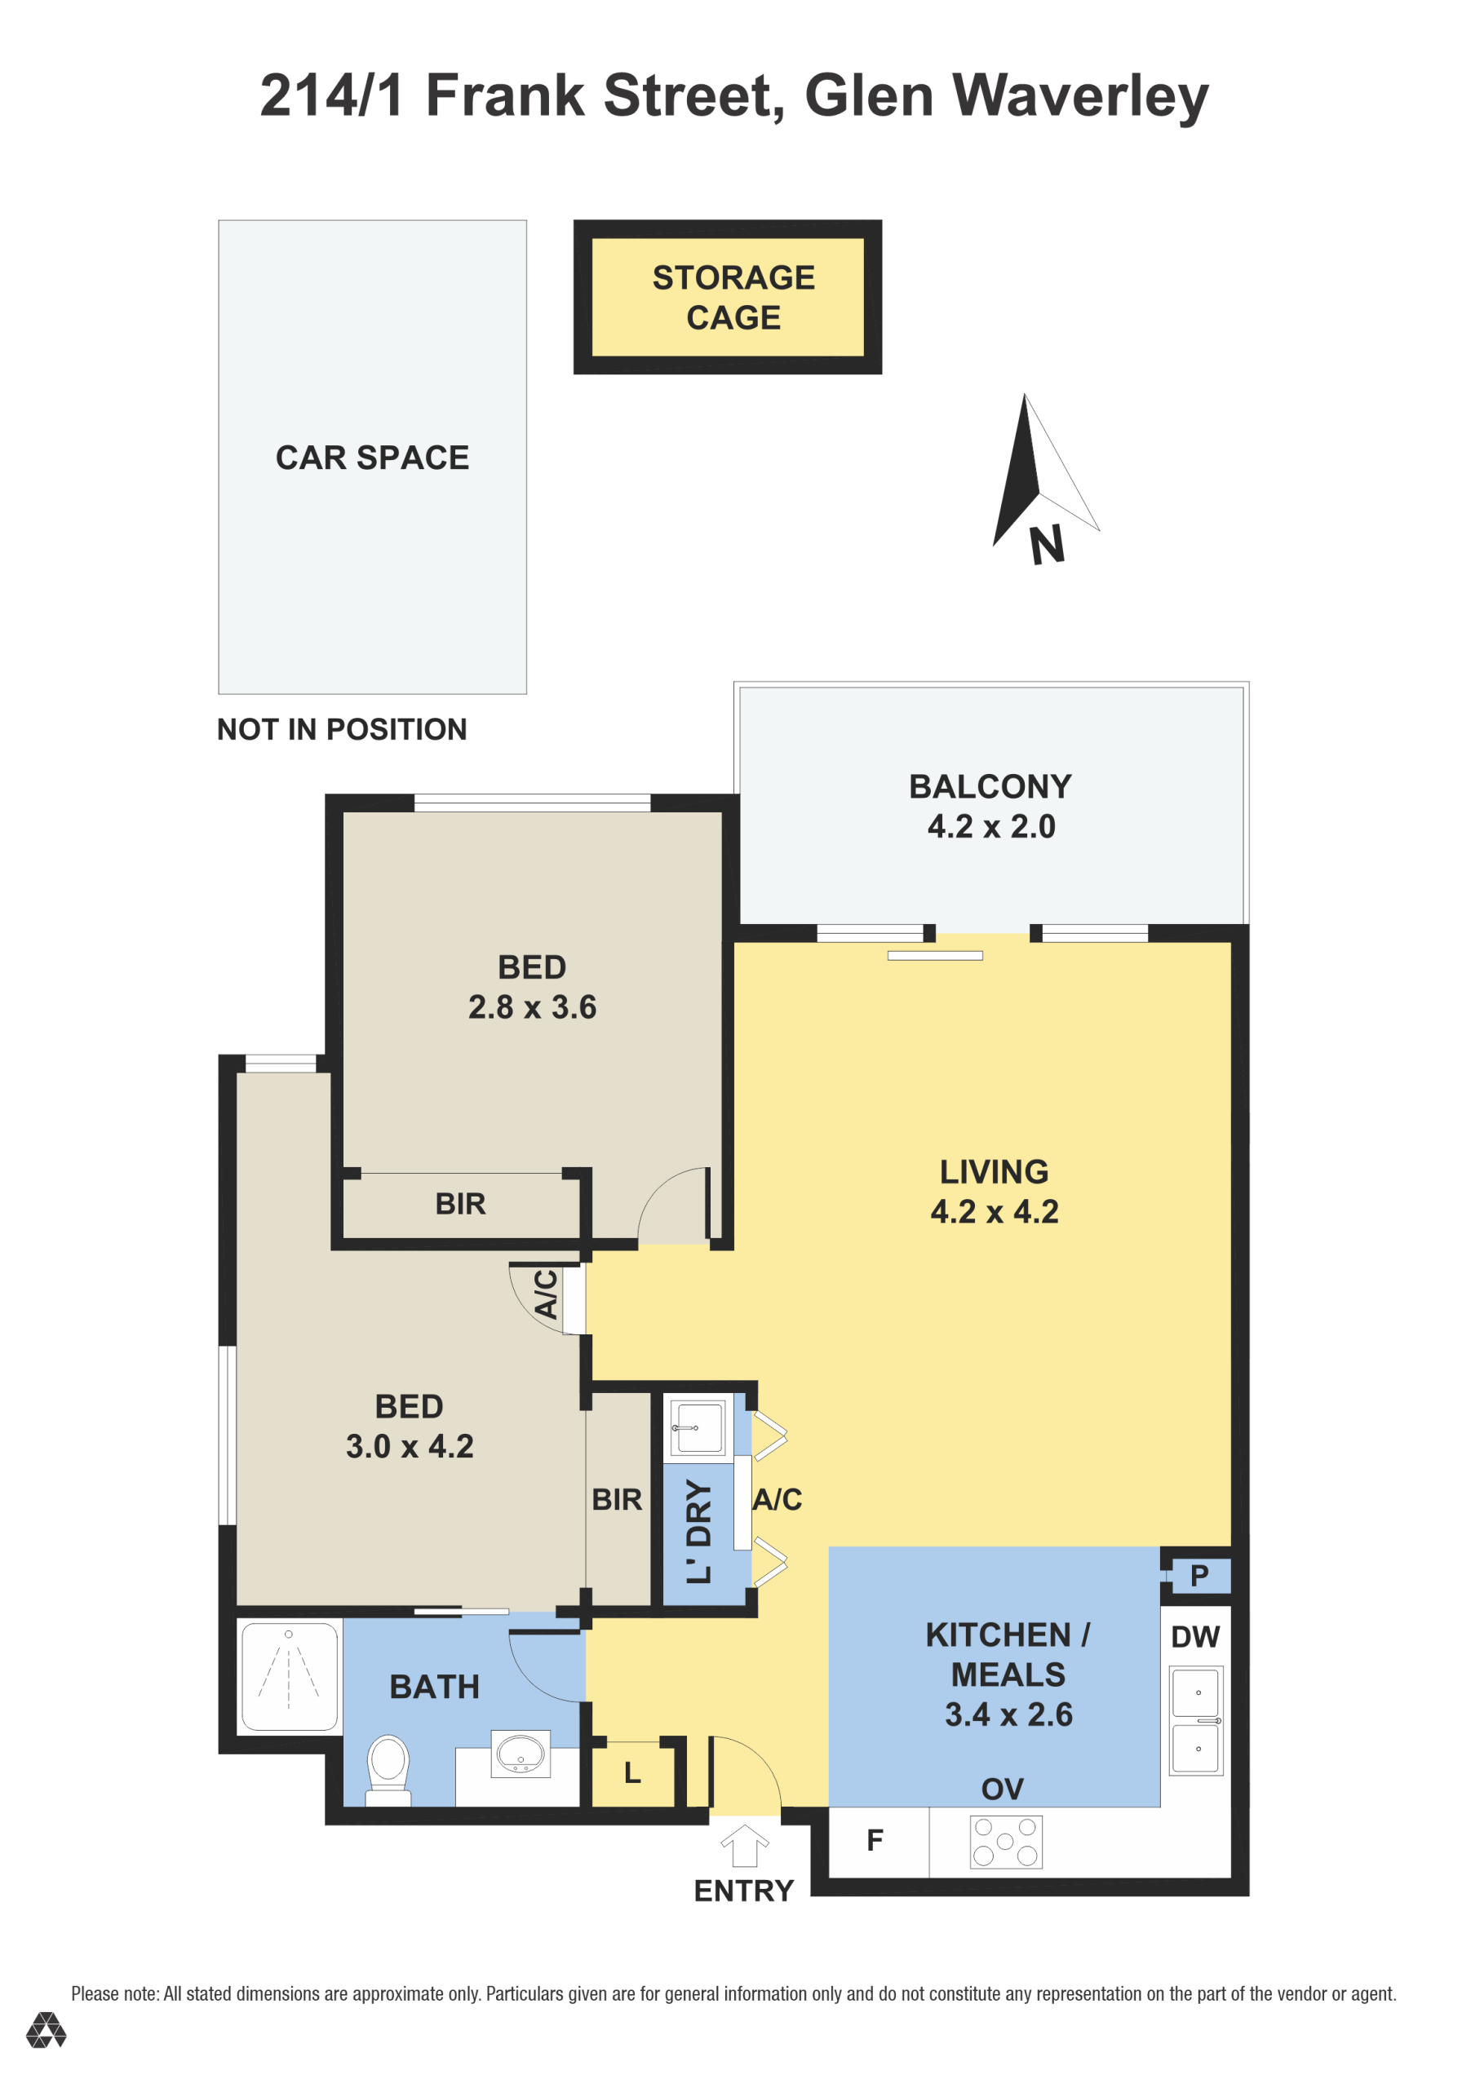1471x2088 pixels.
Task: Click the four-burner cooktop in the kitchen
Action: [1005, 1842]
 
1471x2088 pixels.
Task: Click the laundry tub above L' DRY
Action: [697, 1427]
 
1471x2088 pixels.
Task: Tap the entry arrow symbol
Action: [744, 1845]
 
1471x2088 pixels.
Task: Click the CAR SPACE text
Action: [372, 458]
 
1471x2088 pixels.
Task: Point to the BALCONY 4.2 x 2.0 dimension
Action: [990, 825]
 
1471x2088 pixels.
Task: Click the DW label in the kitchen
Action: [1194, 1637]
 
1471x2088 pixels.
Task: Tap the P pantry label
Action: [1199, 1575]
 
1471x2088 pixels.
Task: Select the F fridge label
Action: [875, 1841]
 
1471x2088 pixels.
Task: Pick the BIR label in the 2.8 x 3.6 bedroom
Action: [460, 1204]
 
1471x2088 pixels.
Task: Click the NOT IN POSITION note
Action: [341, 729]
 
